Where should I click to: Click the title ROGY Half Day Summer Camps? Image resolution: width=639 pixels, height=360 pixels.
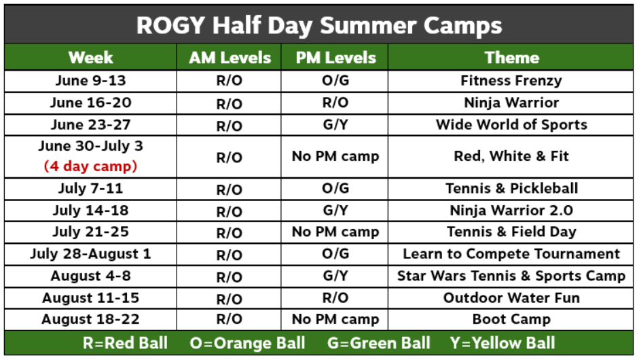[x=318, y=25]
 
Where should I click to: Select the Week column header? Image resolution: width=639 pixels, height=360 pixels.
[x=90, y=58]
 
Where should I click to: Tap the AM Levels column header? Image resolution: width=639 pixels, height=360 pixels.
[x=230, y=58]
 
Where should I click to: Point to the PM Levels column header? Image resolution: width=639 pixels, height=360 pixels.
[x=335, y=58]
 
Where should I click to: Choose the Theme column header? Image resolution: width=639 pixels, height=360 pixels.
[x=511, y=58]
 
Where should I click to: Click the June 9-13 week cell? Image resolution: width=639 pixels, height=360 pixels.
[x=90, y=80]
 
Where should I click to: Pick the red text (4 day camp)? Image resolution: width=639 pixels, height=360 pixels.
[x=90, y=166]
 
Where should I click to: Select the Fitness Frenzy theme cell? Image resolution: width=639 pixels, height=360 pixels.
[x=511, y=81]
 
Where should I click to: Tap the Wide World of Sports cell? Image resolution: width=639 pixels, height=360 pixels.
[x=511, y=124]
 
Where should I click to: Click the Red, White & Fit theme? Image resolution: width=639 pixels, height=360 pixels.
[x=511, y=156]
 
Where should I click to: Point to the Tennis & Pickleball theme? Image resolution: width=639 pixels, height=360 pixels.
[x=511, y=188]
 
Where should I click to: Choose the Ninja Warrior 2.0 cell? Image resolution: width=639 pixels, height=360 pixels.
[x=511, y=211]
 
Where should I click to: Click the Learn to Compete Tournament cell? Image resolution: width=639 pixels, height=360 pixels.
[x=511, y=253]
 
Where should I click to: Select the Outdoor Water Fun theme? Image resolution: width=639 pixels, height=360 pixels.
[x=511, y=298]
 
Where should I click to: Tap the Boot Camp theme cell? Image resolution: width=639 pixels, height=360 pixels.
[x=511, y=319]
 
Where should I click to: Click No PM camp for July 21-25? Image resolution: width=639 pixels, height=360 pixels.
[x=335, y=232]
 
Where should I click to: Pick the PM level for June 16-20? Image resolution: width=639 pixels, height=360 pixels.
[x=335, y=103]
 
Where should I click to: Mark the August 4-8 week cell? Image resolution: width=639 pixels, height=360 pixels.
[x=90, y=276]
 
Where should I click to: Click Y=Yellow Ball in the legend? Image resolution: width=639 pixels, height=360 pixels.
[x=503, y=343]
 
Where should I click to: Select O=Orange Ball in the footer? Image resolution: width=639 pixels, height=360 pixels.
[x=247, y=343]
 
